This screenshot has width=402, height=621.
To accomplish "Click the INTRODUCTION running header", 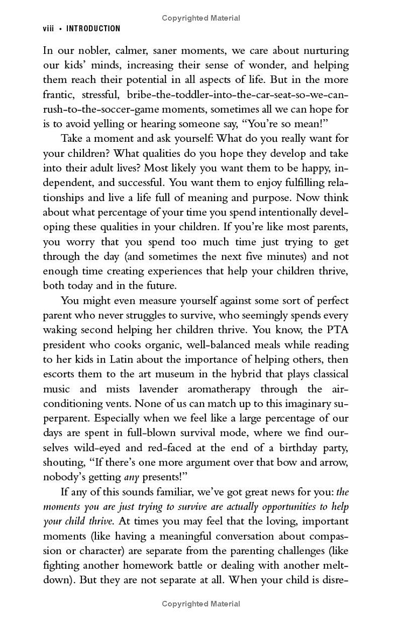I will pos(93,29).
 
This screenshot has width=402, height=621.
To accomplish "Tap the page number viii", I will pos(48,29).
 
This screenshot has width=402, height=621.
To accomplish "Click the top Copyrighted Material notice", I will pos(201,18).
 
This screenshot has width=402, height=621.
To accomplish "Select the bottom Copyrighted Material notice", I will pos(201,604).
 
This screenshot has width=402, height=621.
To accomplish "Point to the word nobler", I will pos(90,50).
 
